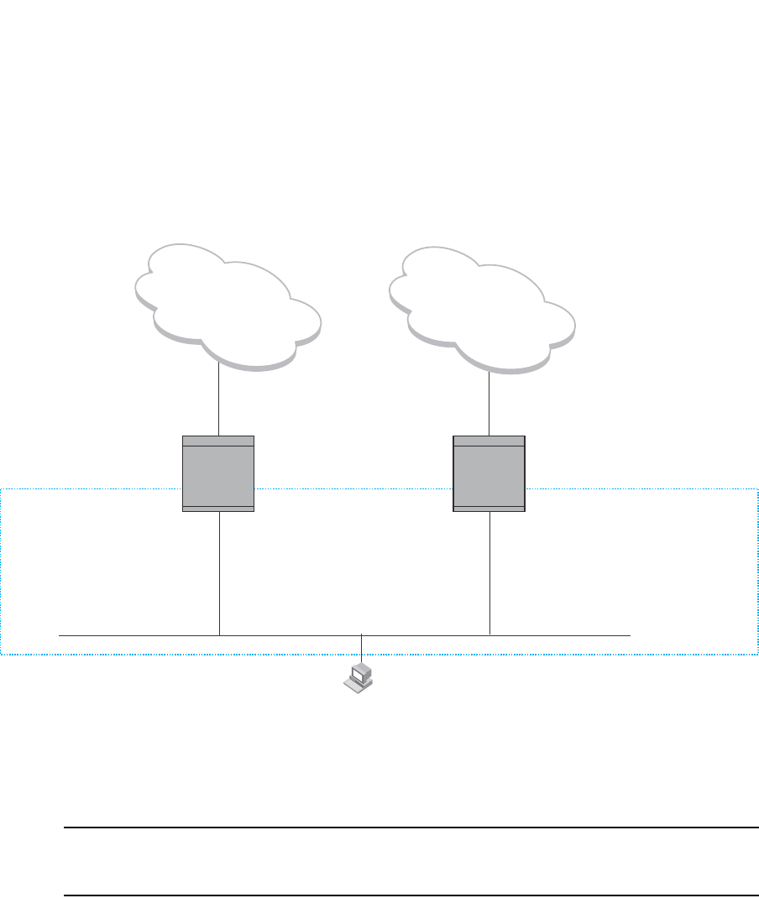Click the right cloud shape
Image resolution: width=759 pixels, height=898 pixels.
pos(482,304)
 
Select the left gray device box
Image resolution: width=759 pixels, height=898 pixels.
pos(218,474)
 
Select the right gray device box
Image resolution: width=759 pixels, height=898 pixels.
pos(489,474)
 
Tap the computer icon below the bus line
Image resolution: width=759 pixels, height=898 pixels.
pos(360,676)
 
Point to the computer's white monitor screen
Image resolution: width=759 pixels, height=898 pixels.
pos(362,671)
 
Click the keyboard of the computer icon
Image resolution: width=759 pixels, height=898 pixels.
pos(356,685)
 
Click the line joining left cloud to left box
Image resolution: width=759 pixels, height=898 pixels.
pos(218,401)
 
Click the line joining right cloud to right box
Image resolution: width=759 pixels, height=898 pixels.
pos(489,403)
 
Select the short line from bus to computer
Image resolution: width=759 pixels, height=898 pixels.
pos(361,648)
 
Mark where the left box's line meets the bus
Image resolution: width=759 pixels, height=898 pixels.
pos(218,636)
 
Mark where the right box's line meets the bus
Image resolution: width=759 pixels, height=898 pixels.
pos(489,636)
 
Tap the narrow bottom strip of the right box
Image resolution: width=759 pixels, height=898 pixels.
pos(489,509)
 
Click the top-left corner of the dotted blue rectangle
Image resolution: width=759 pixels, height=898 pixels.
pos(2,488)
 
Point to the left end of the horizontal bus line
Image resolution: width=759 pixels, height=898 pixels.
pos(60,636)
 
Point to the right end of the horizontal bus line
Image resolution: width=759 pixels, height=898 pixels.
pos(630,636)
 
